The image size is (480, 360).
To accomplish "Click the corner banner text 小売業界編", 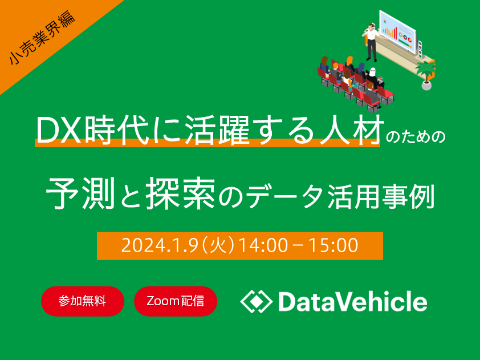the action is click(42, 38).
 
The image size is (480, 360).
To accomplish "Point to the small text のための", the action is click(415, 137).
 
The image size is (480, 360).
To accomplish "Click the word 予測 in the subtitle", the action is click(80, 193).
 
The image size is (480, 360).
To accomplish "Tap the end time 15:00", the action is click(333, 245).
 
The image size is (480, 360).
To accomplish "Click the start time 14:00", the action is click(263, 245).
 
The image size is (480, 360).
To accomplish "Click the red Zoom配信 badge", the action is click(176, 301).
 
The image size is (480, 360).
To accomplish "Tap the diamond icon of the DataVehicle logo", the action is click(256, 301).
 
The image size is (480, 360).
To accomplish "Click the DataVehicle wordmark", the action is click(353, 301).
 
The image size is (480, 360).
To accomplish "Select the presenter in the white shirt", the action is click(371, 42).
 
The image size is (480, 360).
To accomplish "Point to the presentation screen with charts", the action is click(397, 31).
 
